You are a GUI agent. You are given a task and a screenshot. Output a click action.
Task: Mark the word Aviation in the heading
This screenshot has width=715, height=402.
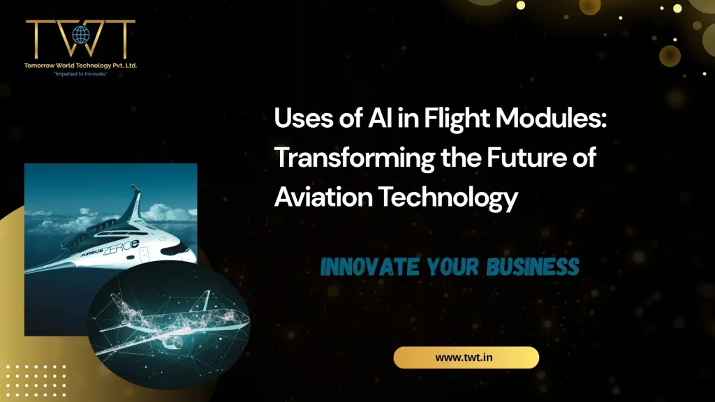[x=321, y=198]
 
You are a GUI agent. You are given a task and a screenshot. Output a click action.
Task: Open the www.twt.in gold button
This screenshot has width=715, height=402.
[x=466, y=357]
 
